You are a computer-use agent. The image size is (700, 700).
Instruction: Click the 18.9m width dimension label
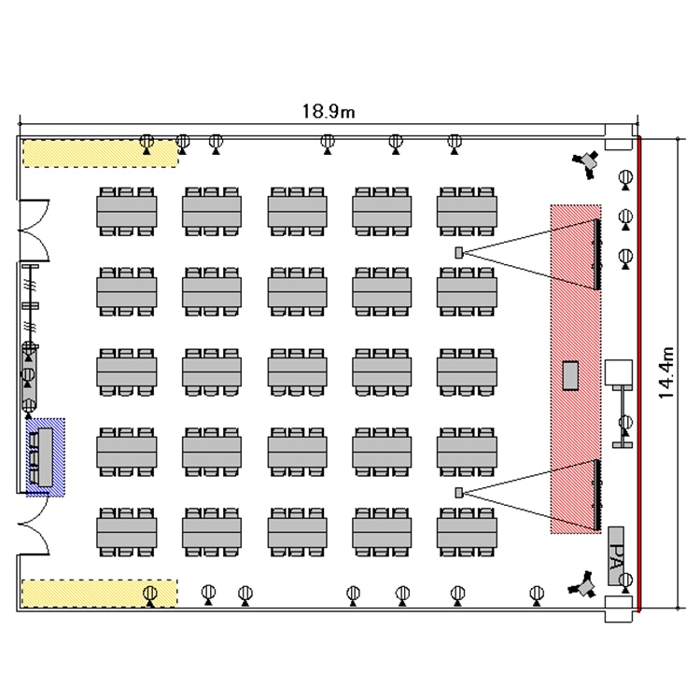tap(328, 111)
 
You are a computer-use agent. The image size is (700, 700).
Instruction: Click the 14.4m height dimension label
tap(666, 373)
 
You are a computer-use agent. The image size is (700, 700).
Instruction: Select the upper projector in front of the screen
tap(458, 252)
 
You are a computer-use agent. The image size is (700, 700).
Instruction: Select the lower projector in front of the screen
tap(458, 492)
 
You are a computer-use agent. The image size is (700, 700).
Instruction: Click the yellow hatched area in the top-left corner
tap(99, 152)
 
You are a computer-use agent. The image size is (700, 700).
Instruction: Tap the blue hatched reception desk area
tap(46, 456)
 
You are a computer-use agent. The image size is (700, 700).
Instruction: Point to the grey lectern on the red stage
tap(570, 374)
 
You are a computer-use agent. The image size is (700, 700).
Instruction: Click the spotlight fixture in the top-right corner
tap(587, 162)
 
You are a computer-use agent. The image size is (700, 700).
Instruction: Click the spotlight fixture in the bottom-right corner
tap(585, 585)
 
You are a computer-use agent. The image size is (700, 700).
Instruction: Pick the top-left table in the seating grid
tap(126, 211)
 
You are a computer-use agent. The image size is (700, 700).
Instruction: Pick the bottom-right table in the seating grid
tap(467, 533)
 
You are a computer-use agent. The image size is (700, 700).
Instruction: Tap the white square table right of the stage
tap(619, 372)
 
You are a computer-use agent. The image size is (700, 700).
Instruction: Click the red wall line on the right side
tap(639, 373)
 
